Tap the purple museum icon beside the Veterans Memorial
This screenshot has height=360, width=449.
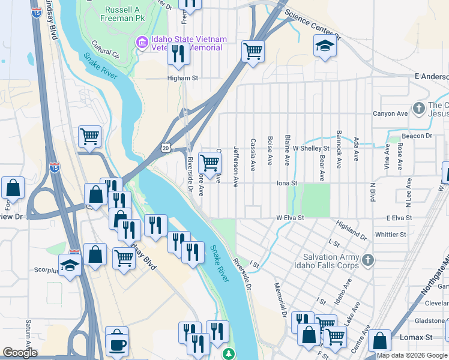click(x=142, y=41)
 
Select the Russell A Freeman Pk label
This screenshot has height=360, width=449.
click(x=113, y=14)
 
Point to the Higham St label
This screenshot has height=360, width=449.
click(x=182, y=78)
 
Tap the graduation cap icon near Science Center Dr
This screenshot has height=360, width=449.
click(x=325, y=46)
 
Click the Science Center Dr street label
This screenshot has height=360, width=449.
click(x=312, y=25)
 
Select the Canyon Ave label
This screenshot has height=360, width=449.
click(x=390, y=113)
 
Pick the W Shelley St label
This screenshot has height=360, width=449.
click(x=311, y=148)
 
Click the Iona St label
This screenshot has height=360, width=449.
click(x=287, y=183)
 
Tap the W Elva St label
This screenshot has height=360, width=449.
click(x=291, y=218)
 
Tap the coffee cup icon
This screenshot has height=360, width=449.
click(x=117, y=343)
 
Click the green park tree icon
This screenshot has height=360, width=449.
click(x=229, y=354)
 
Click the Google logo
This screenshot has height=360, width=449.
click(x=20, y=353)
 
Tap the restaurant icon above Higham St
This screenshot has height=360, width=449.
click(x=179, y=53)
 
